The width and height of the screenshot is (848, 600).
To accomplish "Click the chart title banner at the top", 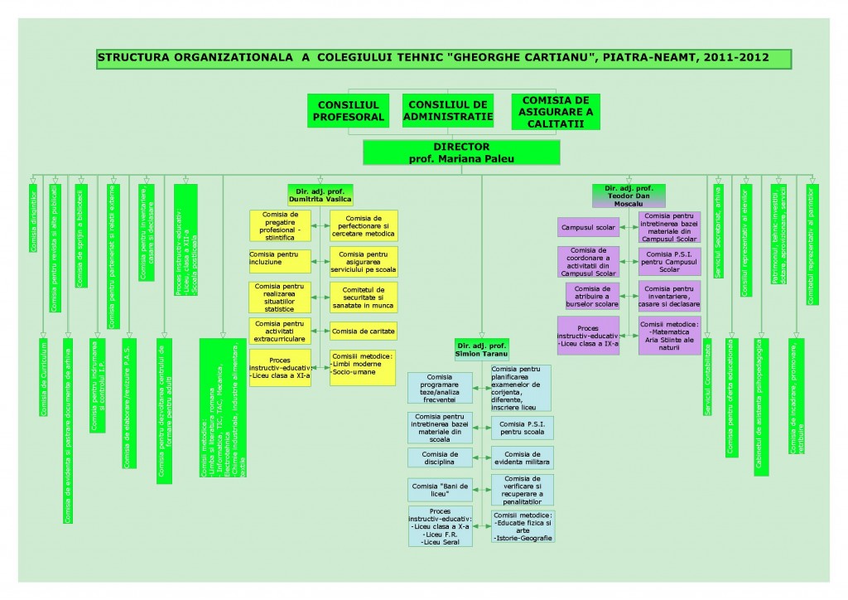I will point(444,59).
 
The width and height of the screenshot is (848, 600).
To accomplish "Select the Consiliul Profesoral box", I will point(349,111).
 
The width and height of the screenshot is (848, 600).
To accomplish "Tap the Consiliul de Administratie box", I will point(448,111).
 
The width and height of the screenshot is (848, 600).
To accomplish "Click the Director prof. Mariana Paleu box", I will point(461,152).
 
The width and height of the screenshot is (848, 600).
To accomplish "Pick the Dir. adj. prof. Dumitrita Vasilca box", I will point(320,195).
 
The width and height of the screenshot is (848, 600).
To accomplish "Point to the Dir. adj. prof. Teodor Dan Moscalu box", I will point(629,195).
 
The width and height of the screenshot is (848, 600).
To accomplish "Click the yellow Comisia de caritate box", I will point(364,331).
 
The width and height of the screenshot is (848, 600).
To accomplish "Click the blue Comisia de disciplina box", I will point(440,458).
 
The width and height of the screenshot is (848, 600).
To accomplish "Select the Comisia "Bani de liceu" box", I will point(440,489).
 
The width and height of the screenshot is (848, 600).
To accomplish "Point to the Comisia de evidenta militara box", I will point(523,458).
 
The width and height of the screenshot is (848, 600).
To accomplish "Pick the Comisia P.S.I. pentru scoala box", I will point(523,428).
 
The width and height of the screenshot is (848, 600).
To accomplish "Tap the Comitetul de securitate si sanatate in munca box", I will point(364,294).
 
